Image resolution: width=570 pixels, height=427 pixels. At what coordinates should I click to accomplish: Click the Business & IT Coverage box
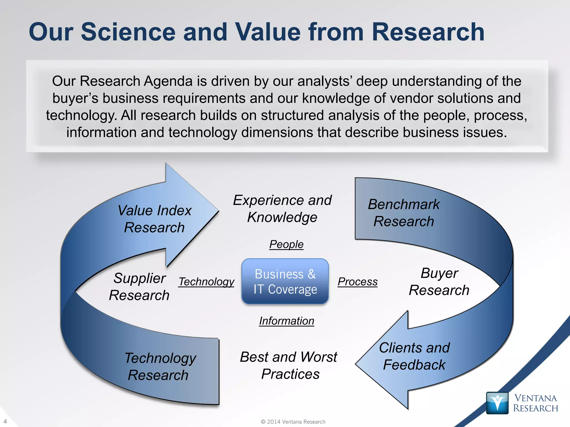tap(285, 281)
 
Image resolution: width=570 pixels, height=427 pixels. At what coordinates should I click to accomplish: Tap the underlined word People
tap(286, 244)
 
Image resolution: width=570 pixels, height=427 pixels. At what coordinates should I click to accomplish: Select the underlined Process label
tap(358, 282)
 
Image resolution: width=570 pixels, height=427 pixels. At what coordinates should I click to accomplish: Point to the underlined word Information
tap(287, 321)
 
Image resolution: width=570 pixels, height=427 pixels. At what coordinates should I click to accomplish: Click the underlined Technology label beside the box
tap(206, 282)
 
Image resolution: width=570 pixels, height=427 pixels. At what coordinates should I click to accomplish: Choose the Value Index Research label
tap(154, 219)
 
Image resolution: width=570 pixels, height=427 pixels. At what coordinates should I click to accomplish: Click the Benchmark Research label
tap(404, 213)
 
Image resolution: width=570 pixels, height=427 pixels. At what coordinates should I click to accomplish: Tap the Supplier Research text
tap(139, 287)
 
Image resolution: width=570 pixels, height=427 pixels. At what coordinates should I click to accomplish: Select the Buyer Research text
tap(439, 282)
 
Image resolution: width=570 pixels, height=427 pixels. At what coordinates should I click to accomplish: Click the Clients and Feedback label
tap(414, 356)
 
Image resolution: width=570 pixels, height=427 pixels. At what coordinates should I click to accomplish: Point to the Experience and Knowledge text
tap(282, 208)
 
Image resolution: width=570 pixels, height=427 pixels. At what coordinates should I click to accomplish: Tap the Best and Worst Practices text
tap(289, 365)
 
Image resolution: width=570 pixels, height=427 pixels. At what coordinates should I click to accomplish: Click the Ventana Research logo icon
tap(497, 403)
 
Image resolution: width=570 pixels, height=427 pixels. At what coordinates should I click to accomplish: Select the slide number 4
tap(5, 421)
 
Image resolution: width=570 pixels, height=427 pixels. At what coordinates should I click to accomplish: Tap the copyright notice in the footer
tap(293, 422)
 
